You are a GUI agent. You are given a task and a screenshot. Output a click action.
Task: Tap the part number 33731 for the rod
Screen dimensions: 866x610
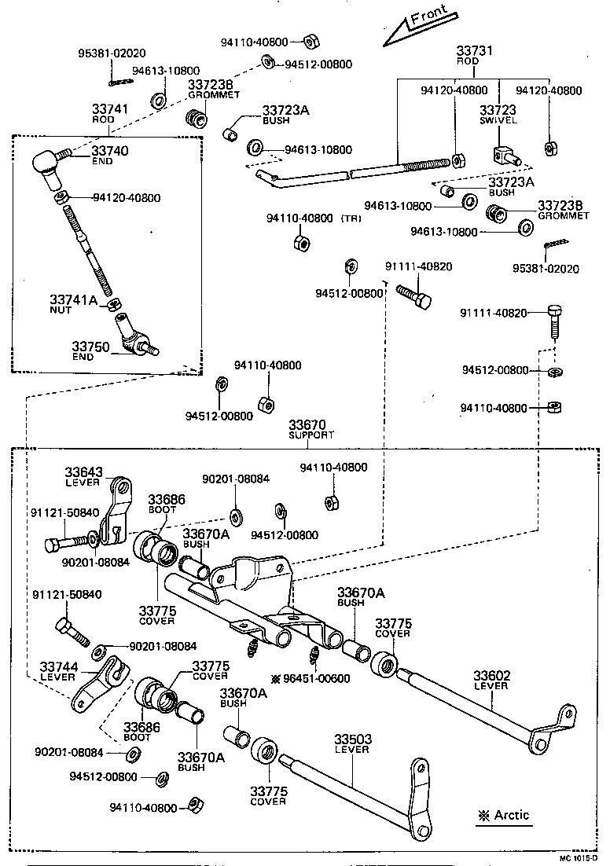click(475, 50)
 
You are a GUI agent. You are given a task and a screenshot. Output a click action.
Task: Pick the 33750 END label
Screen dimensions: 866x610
click(90, 350)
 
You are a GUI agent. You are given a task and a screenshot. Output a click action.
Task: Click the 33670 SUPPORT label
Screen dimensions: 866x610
click(311, 428)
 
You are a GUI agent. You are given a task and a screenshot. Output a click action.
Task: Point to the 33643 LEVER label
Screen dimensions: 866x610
click(83, 476)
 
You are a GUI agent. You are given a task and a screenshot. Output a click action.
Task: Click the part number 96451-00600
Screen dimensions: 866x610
click(323, 677)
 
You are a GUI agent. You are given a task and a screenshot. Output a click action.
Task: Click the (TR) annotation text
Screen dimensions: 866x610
click(351, 218)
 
